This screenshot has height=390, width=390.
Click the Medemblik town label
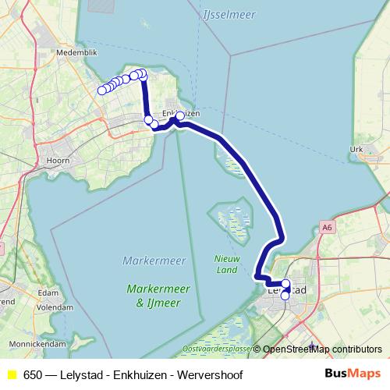pyautogui.click(x=76, y=53)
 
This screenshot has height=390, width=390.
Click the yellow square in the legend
pyautogui.click(x=12, y=375)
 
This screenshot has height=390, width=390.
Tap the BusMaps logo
pyautogui.click(x=353, y=374)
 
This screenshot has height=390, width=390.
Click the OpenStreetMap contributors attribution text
pyautogui.click(x=322, y=349)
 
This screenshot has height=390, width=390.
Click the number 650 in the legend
pyautogui.click(x=33, y=375)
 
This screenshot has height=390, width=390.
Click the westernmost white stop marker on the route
pyautogui.click(x=101, y=91)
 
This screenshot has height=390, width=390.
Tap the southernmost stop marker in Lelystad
pyautogui.click(x=285, y=296)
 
